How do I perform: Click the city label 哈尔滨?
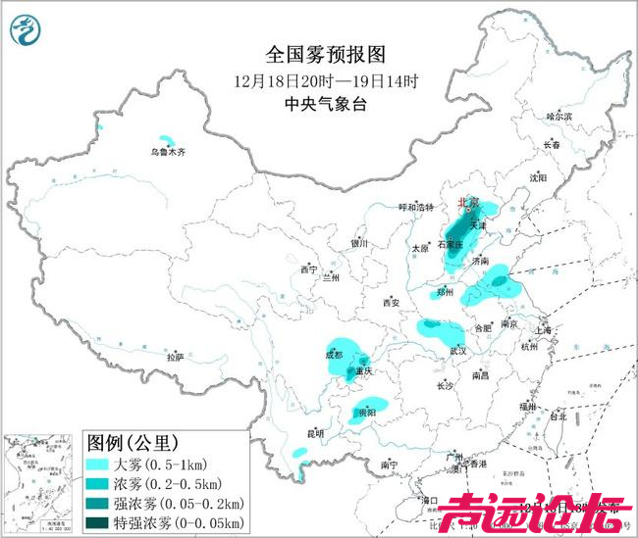pos(558,116)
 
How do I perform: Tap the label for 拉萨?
pos(175,358)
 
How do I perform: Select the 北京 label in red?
pos(467,203)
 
